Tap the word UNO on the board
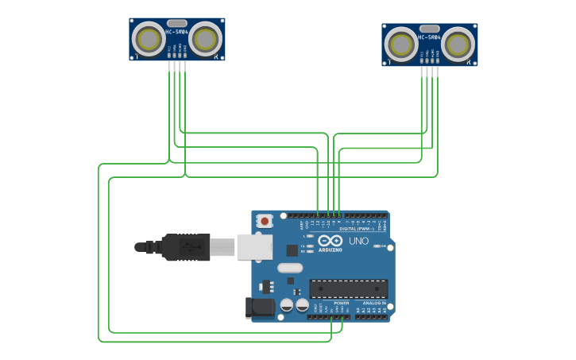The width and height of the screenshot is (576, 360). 359,241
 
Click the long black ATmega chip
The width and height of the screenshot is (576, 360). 348,289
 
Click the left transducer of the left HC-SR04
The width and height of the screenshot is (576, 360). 148,38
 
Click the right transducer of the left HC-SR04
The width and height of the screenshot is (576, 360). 206,38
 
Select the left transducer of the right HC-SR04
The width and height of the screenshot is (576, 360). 400,44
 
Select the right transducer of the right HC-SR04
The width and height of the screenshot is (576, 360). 458,44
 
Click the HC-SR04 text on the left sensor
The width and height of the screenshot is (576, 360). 176,32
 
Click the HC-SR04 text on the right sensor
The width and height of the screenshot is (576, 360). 429,37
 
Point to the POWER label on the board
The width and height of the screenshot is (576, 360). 342,303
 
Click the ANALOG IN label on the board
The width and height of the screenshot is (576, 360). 375,303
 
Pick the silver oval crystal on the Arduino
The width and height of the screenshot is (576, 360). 291,268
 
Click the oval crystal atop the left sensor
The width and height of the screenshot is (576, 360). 177,24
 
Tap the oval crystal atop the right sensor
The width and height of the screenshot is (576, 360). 430,29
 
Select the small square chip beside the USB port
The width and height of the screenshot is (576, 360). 292,250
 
